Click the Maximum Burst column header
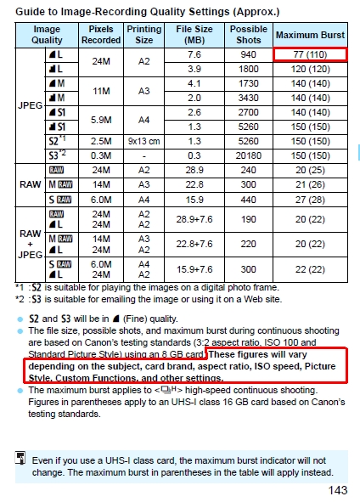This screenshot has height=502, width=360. tap(310, 35)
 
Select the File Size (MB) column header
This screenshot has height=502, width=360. tap(194, 35)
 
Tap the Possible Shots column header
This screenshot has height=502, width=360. tap(248, 35)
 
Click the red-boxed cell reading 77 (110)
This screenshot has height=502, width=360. tap(310, 54)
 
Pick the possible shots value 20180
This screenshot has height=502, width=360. tap(248, 155)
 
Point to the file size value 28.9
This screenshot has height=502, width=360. tap(194, 170)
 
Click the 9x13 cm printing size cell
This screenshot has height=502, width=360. tap(143, 141)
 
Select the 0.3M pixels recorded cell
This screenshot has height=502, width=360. tap(101, 155)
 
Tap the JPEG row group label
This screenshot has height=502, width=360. tap(29, 105)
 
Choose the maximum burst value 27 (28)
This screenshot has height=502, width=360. tap(310, 199)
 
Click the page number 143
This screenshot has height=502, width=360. tap(337, 490)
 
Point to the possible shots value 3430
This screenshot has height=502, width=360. tap(248, 98)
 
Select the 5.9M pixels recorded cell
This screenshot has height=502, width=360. tap(101, 119)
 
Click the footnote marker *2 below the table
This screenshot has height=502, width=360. tap(20, 299)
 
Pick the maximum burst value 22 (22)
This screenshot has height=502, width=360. tap(310, 269)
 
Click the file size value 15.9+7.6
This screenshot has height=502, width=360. tap(194, 269)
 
